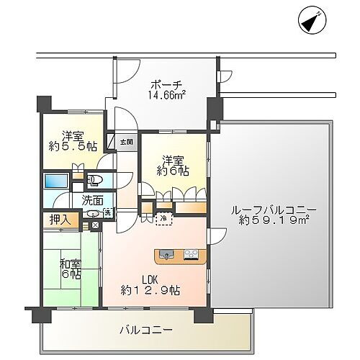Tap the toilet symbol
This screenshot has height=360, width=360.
95,180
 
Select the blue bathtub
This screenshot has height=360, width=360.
55,181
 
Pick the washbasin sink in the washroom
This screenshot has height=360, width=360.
93,212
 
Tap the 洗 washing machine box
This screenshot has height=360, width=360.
107,212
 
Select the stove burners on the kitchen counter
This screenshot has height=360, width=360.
192,253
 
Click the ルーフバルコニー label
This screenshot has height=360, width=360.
271,210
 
